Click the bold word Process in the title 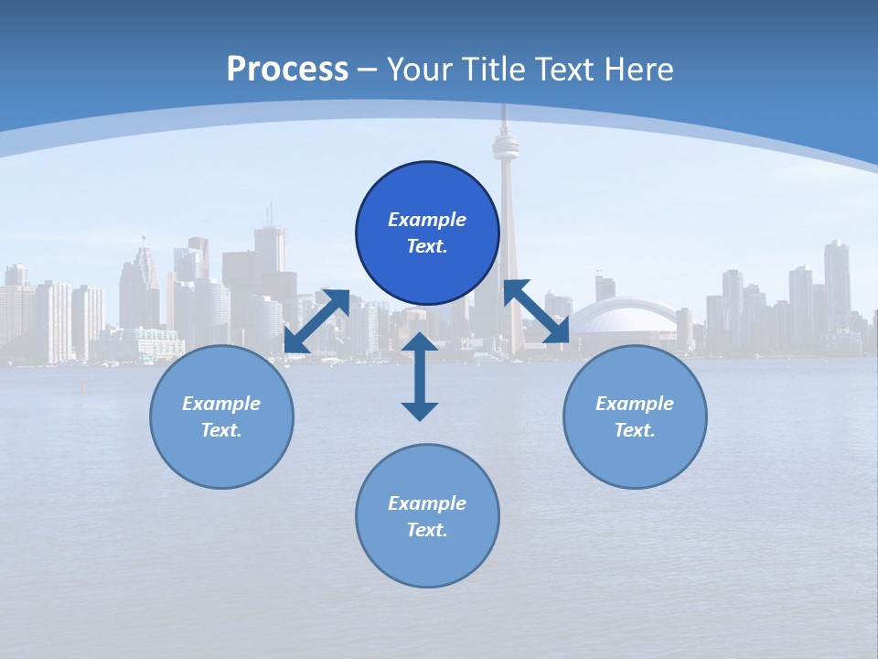coord(287,70)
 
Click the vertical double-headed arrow coord(420,376)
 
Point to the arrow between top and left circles coord(316,320)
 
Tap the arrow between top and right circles coord(537,311)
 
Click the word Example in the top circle coord(427,220)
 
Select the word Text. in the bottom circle coord(427,530)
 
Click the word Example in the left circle coord(221,404)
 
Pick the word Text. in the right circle coord(635,430)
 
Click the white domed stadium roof coord(623,317)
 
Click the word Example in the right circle coord(635,404)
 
